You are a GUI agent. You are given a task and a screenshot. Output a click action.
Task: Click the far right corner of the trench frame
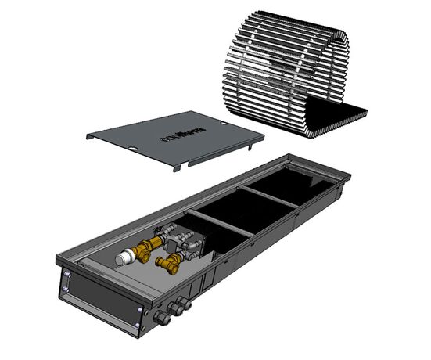tap(348, 179)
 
